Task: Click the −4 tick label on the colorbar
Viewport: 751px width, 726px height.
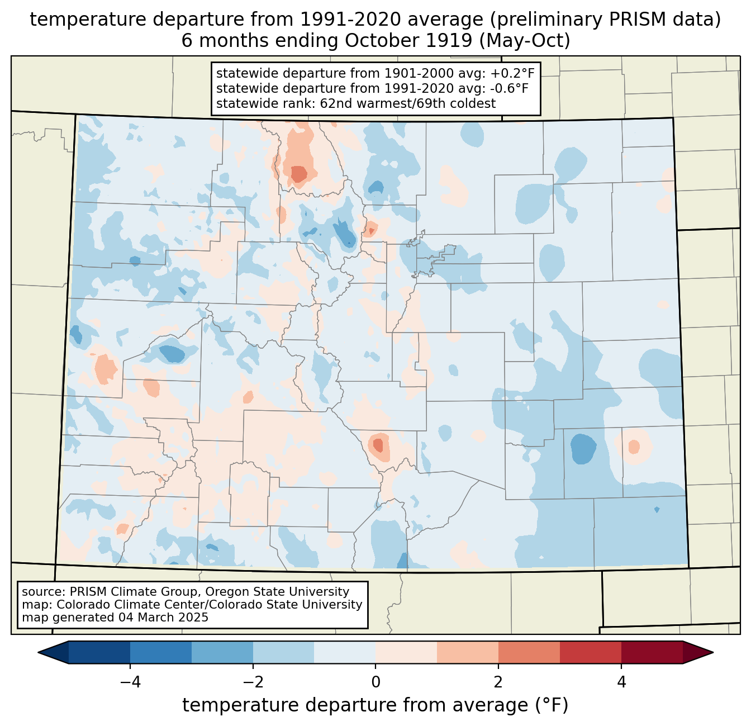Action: click(130, 682)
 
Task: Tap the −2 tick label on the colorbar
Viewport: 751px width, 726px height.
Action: click(253, 682)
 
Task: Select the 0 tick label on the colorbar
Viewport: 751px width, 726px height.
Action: click(375, 682)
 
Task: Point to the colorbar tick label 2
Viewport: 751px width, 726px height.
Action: click(498, 682)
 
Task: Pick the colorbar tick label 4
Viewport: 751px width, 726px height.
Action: click(621, 682)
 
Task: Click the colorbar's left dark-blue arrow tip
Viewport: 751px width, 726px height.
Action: click(38, 652)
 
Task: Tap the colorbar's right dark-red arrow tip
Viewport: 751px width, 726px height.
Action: click(713, 652)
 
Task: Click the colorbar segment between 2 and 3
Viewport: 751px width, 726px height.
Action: click(529, 652)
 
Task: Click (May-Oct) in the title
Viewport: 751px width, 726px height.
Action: click(525, 41)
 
